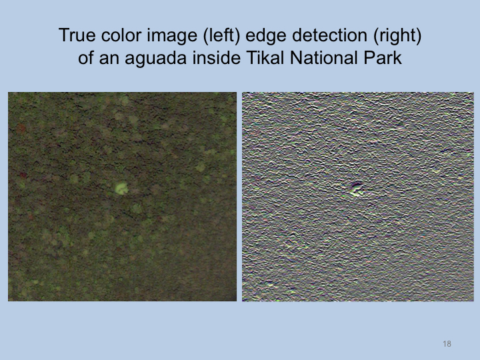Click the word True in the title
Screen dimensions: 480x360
click(x=77, y=35)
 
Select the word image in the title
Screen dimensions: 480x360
click(x=172, y=36)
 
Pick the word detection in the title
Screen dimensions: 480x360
click(x=329, y=35)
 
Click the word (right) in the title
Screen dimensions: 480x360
click(x=397, y=36)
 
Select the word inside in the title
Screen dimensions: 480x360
click(x=217, y=57)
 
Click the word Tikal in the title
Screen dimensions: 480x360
click(x=265, y=57)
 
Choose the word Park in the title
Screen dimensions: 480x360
click(x=383, y=57)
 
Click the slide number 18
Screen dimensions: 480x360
click(x=447, y=344)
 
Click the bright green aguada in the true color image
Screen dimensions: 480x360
click(x=121, y=188)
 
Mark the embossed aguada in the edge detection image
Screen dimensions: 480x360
click(x=357, y=189)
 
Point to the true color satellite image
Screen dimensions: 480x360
click(x=122, y=197)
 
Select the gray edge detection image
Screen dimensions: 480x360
click(x=358, y=197)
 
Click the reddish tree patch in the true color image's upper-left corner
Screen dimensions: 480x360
click(x=21, y=128)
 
